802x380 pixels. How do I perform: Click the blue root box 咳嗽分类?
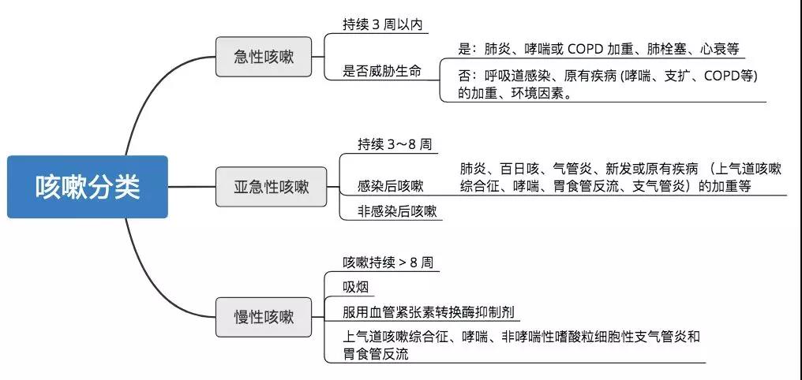(x=87, y=186)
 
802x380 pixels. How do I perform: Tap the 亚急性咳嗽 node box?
(x=271, y=187)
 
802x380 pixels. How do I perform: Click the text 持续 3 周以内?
(x=382, y=24)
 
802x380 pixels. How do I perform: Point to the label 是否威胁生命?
(x=381, y=71)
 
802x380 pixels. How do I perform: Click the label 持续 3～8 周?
(x=394, y=143)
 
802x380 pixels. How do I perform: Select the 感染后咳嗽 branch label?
(x=390, y=186)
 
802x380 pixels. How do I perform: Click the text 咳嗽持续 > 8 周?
(x=388, y=262)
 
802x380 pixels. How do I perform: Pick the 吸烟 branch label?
(x=355, y=287)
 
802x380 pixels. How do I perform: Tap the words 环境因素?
(x=540, y=93)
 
